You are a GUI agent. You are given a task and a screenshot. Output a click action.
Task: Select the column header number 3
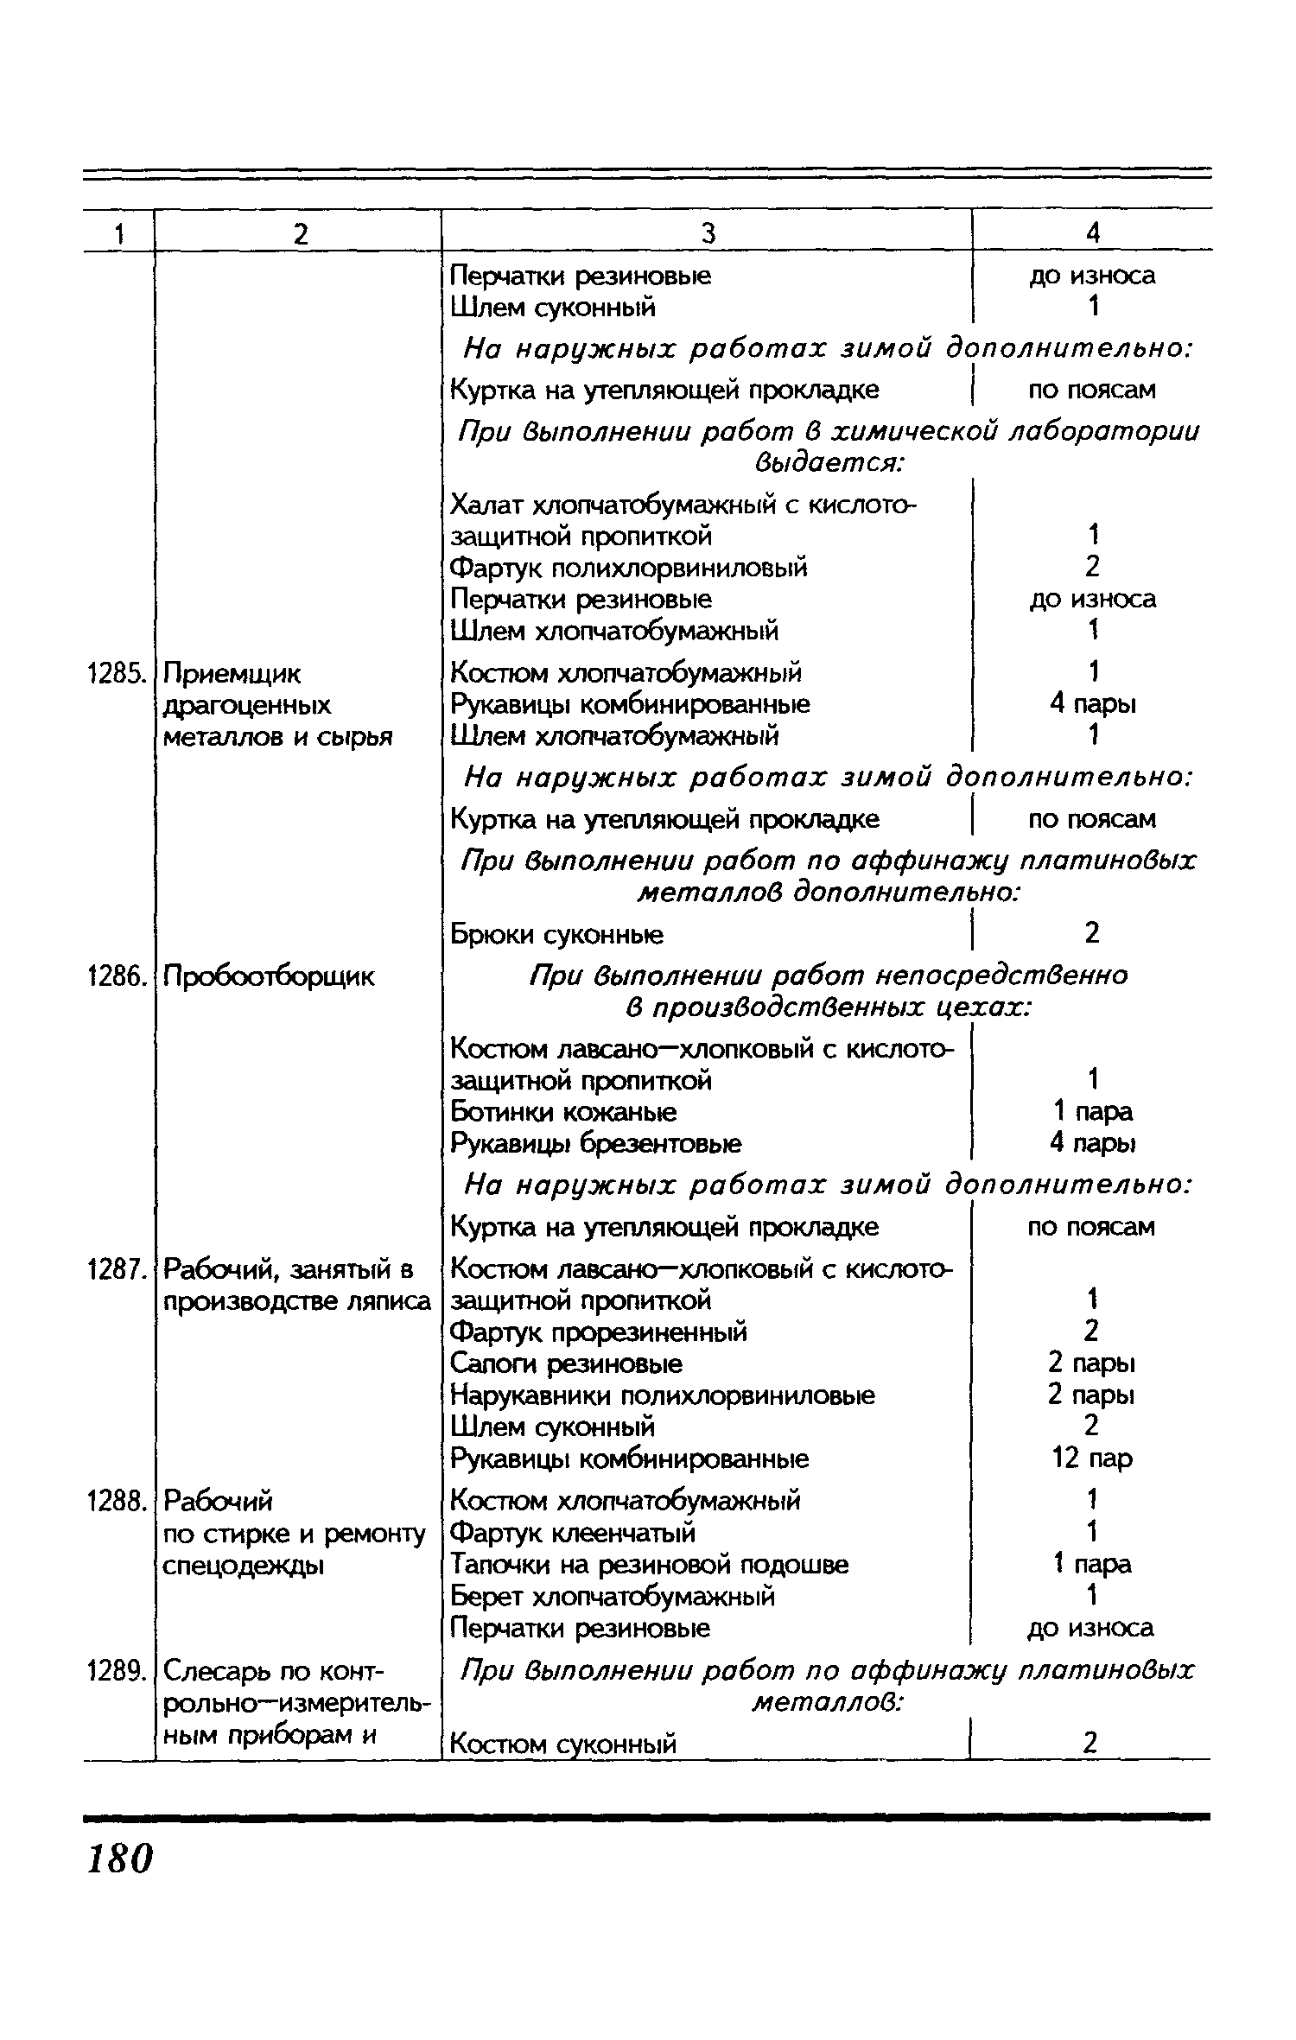click(x=708, y=232)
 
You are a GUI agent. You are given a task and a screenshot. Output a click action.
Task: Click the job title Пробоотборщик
click(x=269, y=977)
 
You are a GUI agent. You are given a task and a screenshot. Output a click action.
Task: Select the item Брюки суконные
click(x=557, y=935)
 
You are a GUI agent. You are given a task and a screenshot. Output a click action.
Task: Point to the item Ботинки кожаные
click(x=563, y=1112)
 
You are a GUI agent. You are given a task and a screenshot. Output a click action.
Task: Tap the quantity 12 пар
click(x=1092, y=1459)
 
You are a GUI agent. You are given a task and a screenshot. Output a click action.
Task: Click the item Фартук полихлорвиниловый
click(x=629, y=569)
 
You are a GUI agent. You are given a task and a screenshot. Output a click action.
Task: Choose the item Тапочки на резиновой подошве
click(x=650, y=1565)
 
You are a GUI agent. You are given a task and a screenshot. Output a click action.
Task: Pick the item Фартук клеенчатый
click(x=573, y=1534)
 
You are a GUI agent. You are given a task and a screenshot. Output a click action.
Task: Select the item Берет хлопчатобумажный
click(x=613, y=1596)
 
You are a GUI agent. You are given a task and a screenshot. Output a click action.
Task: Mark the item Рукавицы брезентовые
click(x=596, y=1144)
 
